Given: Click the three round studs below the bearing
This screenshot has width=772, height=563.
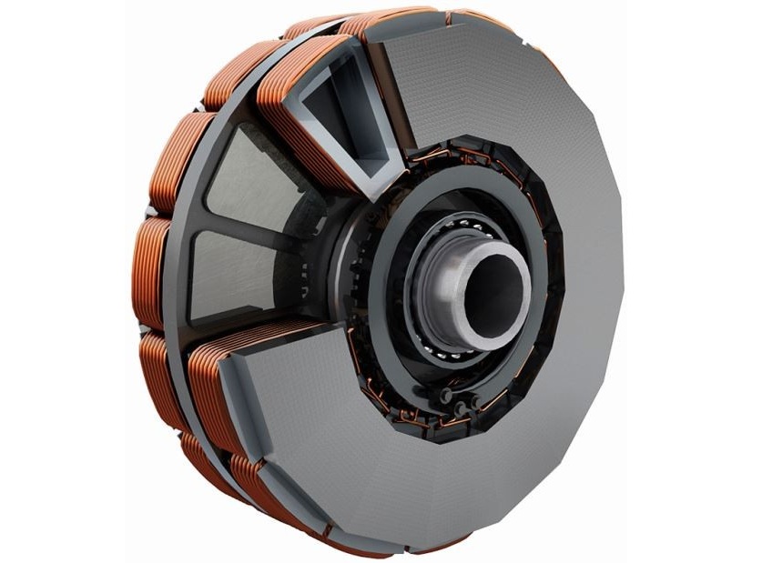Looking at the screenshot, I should point(452,400).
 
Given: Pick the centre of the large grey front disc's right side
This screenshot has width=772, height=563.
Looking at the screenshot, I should point(574,291).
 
